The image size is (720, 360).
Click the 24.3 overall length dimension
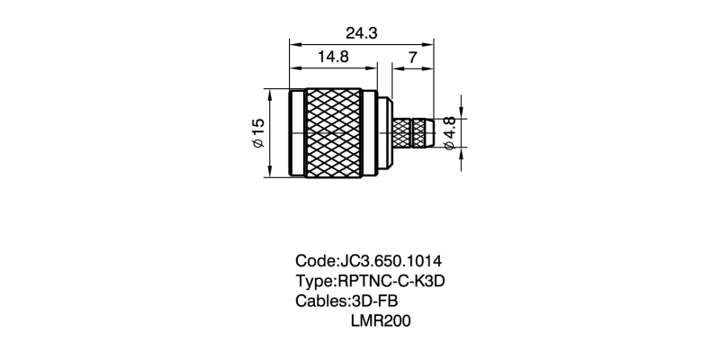click(362, 33)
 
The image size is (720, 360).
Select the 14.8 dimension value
click(333, 57)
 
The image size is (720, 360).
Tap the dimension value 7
click(413, 58)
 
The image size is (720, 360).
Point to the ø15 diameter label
click(258, 133)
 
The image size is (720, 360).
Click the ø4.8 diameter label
click(449, 132)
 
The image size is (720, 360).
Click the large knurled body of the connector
click(333, 133)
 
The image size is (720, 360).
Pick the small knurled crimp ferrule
click(412, 133)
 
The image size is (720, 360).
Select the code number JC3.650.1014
click(391, 261)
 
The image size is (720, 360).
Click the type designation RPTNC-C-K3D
click(391, 281)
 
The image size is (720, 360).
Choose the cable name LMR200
click(381, 321)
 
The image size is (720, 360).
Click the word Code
click(315, 261)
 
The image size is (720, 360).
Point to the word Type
click(314, 281)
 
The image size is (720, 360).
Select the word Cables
click(321, 301)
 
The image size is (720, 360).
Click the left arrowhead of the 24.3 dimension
click(294, 44)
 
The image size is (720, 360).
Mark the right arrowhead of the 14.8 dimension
click(372, 68)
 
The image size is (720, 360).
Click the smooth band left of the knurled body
click(297, 133)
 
